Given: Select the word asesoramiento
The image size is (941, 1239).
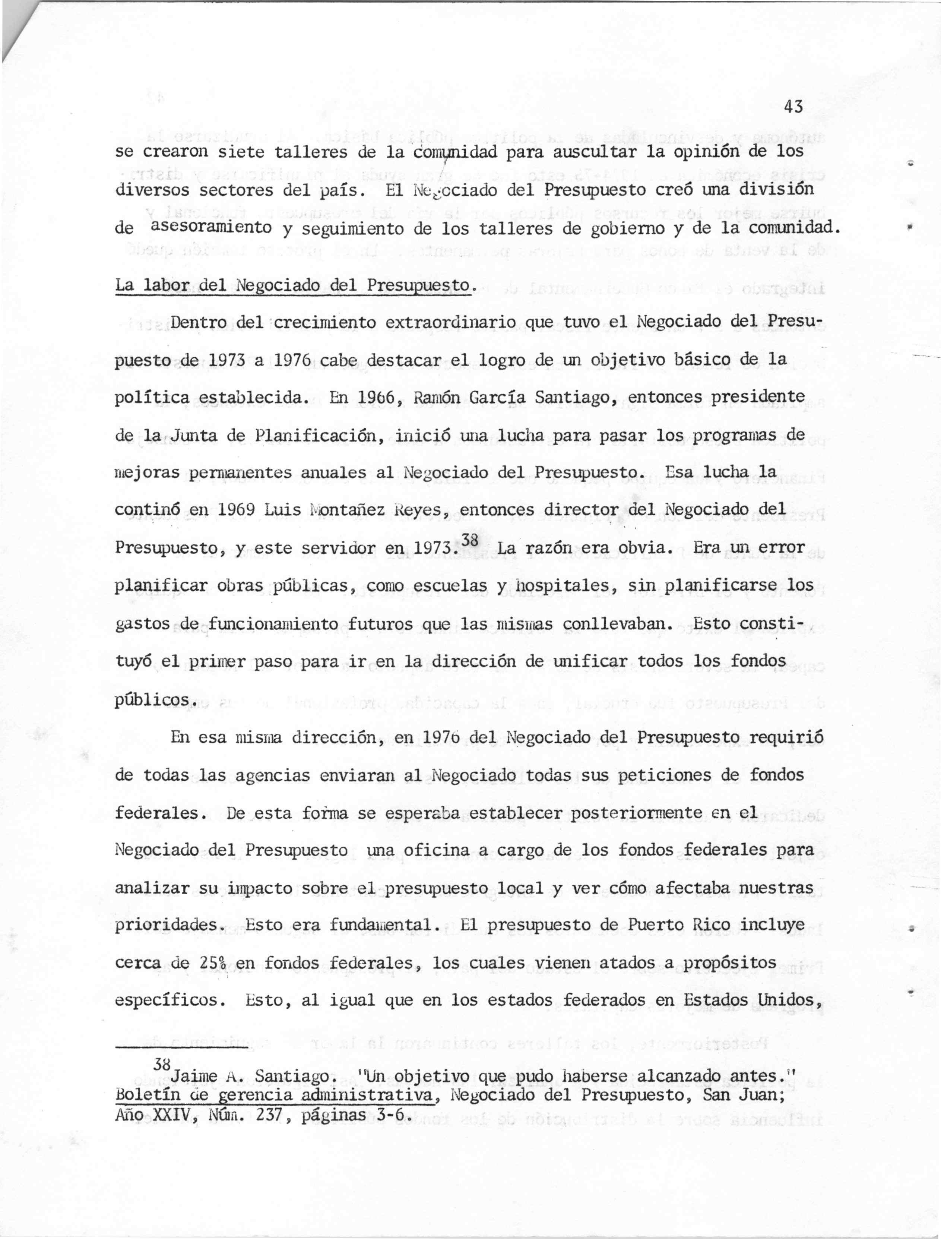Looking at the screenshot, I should point(212,227).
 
